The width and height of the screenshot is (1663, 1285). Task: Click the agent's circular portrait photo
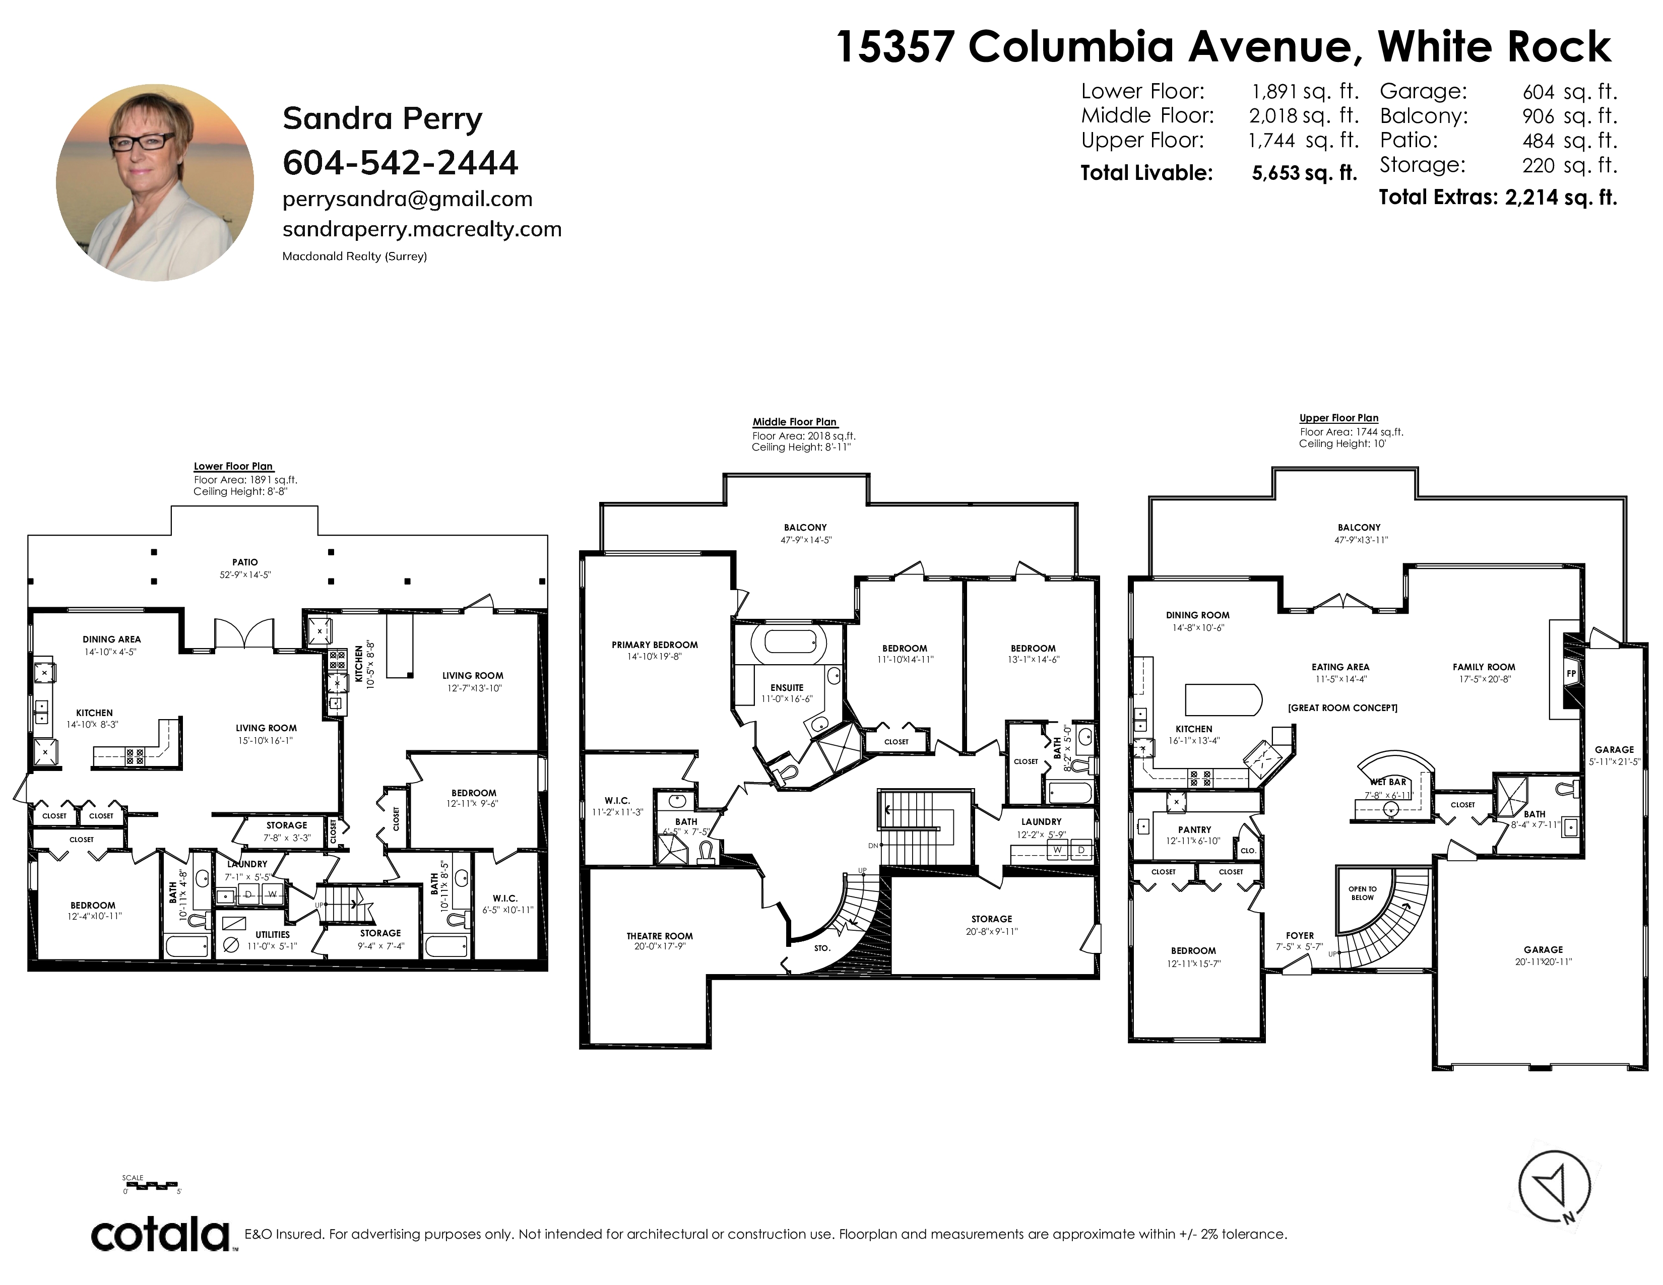(x=155, y=183)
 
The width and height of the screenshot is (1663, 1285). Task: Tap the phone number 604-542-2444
(x=401, y=162)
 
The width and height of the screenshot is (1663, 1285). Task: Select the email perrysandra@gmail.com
(x=407, y=200)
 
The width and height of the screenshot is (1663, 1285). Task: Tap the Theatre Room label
(x=660, y=936)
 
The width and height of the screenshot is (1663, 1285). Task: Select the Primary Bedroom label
(x=655, y=645)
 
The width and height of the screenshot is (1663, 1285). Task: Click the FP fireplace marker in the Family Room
(x=1570, y=674)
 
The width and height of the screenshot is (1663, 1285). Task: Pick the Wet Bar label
(x=1388, y=782)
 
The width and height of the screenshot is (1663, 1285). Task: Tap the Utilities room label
(x=273, y=934)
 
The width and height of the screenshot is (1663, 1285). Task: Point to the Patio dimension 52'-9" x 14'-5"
(x=245, y=575)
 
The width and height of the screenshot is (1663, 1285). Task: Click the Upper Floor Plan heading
(x=1338, y=418)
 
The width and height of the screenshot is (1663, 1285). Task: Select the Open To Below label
(x=1362, y=893)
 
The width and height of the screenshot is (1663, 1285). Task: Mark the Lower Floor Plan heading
(x=233, y=467)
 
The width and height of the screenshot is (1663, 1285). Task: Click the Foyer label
(x=1300, y=936)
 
